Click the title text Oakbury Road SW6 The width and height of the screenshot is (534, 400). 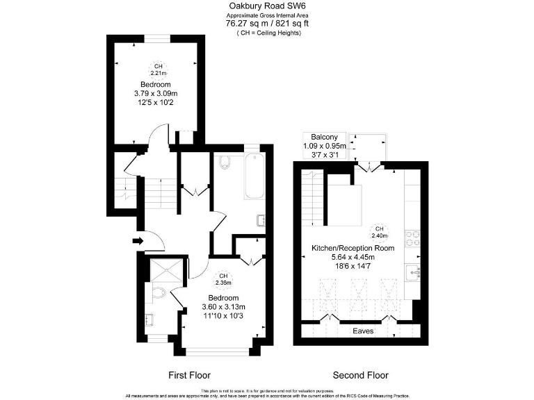tap(268, 6)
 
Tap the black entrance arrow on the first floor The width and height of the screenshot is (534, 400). tap(137, 241)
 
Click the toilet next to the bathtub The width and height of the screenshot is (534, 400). tap(223, 162)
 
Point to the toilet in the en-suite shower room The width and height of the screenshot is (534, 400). tap(158, 294)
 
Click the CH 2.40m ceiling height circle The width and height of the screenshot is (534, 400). tap(379, 232)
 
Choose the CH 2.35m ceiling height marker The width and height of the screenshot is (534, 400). tap(223, 279)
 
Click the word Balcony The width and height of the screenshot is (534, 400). tap(324, 136)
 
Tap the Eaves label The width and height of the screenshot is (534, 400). tap(362, 331)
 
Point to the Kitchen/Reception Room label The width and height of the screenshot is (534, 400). tap(353, 248)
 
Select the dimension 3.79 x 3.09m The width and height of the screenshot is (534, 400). tap(156, 93)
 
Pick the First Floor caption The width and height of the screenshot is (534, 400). tap(189, 375)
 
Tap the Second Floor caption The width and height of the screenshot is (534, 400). tap(360, 375)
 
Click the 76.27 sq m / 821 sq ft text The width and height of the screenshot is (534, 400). tap(268, 23)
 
